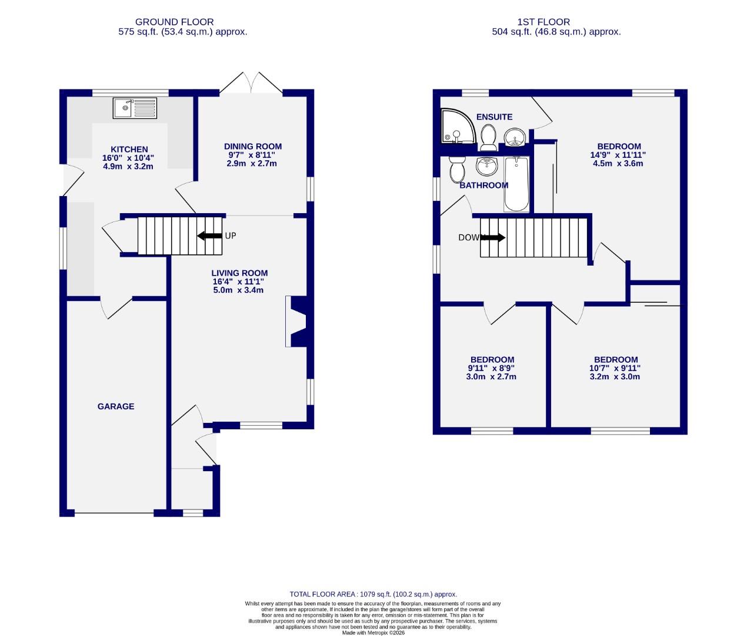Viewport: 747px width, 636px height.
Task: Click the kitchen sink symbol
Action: (x=135, y=108)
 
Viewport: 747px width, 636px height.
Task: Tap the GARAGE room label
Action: (x=116, y=406)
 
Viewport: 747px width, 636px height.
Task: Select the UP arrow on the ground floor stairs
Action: (x=209, y=236)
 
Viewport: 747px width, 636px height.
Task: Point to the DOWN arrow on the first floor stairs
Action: (x=492, y=238)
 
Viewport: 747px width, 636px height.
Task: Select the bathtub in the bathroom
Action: (x=517, y=184)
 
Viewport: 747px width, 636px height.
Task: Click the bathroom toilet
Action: (x=457, y=170)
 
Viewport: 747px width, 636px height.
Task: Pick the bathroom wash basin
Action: (x=486, y=167)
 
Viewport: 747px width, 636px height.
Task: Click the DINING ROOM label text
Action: (x=253, y=147)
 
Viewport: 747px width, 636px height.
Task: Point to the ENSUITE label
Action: (x=494, y=117)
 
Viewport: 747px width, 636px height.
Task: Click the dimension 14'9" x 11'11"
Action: (x=618, y=155)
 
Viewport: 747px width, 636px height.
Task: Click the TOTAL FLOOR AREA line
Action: (x=373, y=594)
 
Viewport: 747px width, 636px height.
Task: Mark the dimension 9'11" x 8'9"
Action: (x=492, y=368)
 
